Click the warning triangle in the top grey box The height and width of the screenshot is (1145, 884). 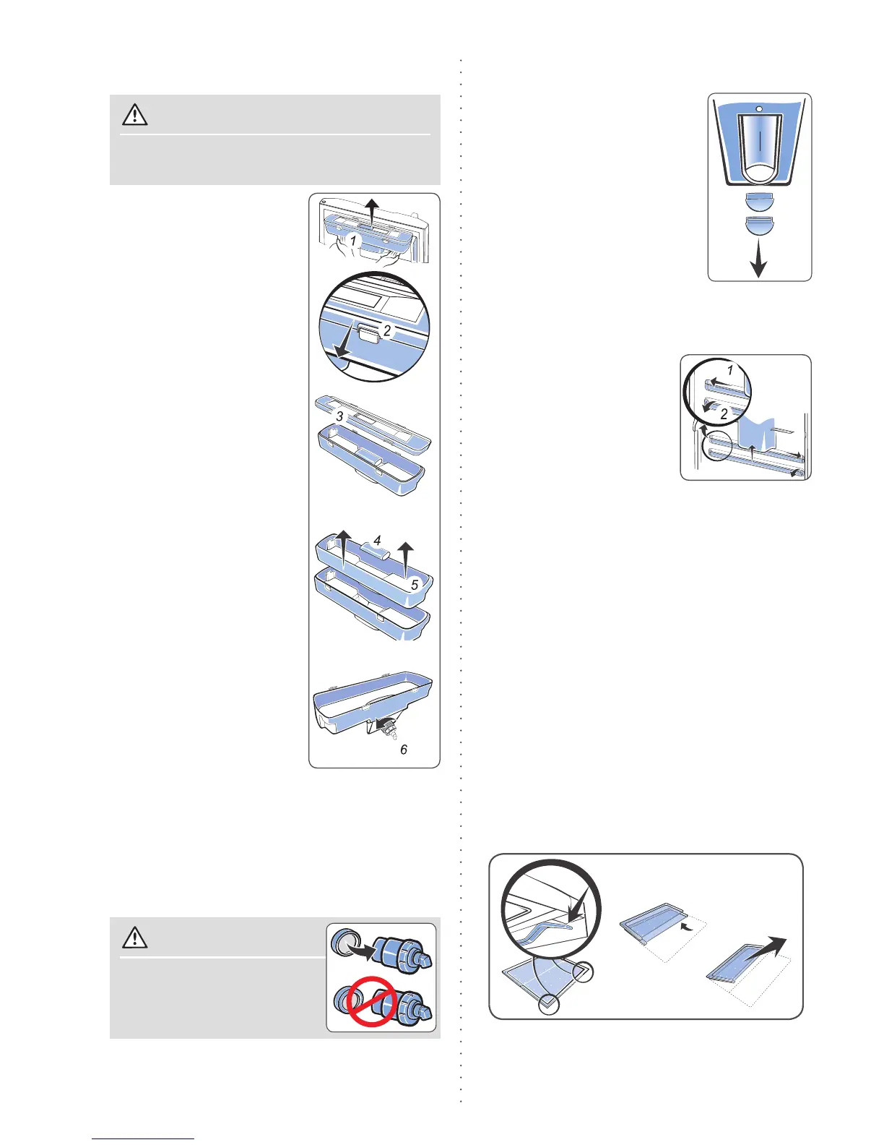135,115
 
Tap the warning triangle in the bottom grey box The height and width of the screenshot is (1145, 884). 135,938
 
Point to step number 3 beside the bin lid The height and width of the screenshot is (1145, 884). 339,416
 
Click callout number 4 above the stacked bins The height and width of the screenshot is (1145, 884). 377,541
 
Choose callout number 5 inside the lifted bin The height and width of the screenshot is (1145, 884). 415,585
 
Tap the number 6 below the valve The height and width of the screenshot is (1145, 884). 404,750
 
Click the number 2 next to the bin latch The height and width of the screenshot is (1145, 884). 387,330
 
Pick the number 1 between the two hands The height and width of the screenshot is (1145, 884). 353,241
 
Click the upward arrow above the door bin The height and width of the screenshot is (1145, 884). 371,213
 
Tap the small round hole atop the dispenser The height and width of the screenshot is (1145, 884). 759,108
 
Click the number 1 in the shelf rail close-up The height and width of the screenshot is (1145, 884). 730,370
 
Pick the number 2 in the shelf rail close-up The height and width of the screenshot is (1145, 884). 724,414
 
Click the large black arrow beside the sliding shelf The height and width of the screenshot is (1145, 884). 768,946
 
